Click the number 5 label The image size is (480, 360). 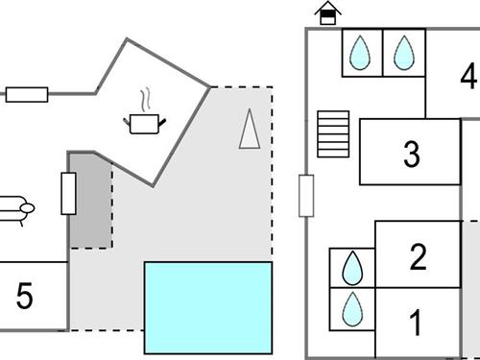pos(25,297)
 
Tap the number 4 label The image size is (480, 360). pos(468,75)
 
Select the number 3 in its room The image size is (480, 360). pos(412,154)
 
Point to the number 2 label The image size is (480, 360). pos(418,256)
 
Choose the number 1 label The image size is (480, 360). pos(417,324)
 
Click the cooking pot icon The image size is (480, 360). pos(144,123)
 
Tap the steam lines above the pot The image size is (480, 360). pos(144,100)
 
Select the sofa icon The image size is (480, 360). pos(16,206)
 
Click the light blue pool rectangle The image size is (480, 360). pos(207,307)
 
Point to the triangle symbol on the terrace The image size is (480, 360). pos(250,130)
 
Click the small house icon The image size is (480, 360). pos(328,13)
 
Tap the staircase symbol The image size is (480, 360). pos(334,133)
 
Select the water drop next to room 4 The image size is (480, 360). pos(403,53)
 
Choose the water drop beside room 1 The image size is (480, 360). pos(352,308)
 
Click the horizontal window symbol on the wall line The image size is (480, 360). pos(27,94)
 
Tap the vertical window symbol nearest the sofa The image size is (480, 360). pos(68,193)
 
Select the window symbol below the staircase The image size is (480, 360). pos(306,196)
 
